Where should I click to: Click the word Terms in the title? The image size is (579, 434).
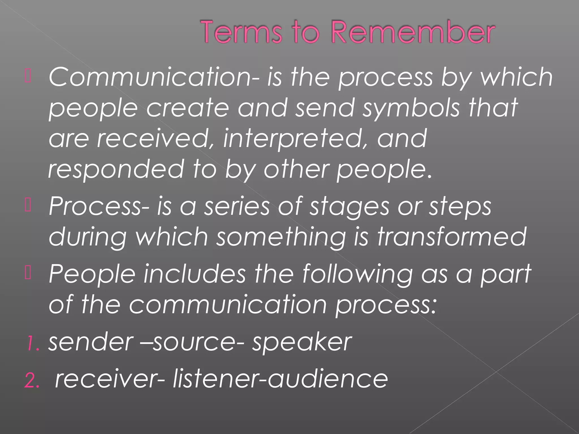[x=241, y=32]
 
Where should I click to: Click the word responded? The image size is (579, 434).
[x=116, y=170]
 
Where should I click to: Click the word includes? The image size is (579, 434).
[x=195, y=274]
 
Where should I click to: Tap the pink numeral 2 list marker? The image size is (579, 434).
[x=31, y=380]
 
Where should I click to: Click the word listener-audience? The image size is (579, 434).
[x=280, y=379]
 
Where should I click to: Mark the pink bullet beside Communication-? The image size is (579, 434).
[x=28, y=76]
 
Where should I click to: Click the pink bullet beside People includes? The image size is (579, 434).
[x=28, y=273]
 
